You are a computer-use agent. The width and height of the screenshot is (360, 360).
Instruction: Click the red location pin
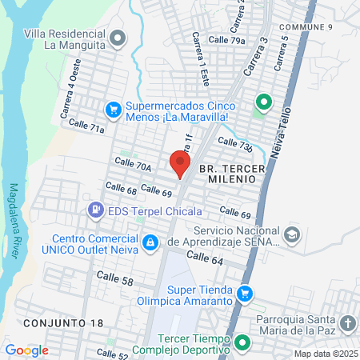point(180,163)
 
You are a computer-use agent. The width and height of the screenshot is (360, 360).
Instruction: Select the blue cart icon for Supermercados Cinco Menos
point(114,108)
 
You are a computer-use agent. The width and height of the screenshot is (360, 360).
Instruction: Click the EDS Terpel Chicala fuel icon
point(95,210)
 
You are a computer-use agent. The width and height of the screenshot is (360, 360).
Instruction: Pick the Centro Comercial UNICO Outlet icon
point(150,242)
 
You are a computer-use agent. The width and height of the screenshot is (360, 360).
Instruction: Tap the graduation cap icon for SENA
point(291,234)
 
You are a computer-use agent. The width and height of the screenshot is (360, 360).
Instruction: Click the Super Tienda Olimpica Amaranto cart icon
point(246,294)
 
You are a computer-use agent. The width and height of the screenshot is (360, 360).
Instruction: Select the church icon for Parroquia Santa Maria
point(347,323)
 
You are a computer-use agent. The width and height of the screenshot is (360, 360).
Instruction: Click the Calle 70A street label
point(133,166)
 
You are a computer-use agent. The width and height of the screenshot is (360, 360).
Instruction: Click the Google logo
point(26,350)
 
